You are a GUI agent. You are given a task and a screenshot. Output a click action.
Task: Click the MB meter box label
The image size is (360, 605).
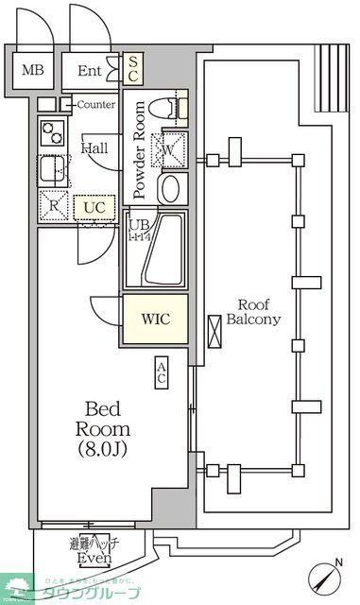point(33,70)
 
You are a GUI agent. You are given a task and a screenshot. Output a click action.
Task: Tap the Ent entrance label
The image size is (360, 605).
point(90,70)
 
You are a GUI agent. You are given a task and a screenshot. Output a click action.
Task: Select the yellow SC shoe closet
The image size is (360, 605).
point(133,67)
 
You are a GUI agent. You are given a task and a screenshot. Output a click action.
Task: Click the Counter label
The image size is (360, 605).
point(95,104)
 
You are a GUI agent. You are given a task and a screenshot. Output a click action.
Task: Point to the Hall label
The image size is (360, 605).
point(94,148)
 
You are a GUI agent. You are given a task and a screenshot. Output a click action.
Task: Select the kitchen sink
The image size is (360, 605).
point(51,170)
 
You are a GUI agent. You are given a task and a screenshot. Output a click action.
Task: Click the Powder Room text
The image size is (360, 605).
point(140,149)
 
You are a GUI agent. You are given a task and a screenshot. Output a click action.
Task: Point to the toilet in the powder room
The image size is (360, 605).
point(174,111)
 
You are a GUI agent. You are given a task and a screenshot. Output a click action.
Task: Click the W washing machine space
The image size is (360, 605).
point(171,148)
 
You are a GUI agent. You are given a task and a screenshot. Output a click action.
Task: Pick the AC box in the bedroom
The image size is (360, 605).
point(162,372)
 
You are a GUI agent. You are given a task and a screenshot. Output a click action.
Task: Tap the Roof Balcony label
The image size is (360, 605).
point(253,312)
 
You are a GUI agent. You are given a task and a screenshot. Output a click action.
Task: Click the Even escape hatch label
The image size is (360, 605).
point(94,559)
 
